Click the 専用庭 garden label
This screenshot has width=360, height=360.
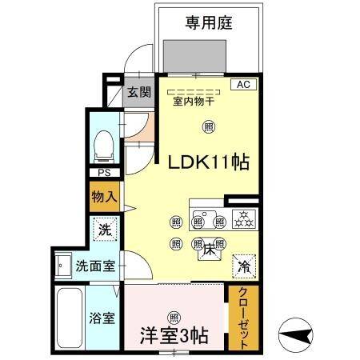pyautogui.click(x=209, y=22)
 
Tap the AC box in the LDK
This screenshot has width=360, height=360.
pyautogui.click(x=243, y=84)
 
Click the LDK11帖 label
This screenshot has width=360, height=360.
pyautogui.click(x=207, y=162)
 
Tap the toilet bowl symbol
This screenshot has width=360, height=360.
pyautogui.click(x=103, y=147)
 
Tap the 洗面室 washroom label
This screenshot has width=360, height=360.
pyautogui.click(x=94, y=265)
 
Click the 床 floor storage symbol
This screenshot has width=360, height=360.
pyautogui.click(x=207, y=250)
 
